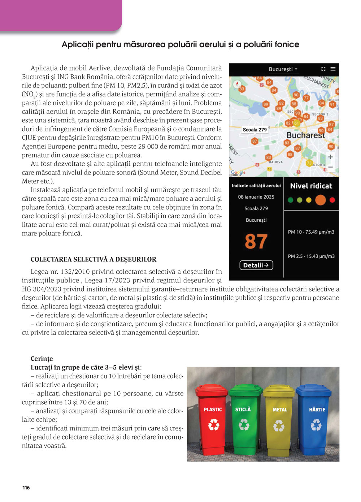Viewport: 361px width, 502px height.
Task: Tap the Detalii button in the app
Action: click(256, 265)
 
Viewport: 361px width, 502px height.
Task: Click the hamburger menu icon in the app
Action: click(333, 69)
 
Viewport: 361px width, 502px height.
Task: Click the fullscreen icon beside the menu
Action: click(323, 69)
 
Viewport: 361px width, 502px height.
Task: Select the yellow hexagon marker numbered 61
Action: click(297, 123)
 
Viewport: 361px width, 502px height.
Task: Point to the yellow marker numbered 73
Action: click(309, 163)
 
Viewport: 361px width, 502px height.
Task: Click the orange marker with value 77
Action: click(306, 98)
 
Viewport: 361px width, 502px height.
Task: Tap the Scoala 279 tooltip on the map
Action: click(255, 130)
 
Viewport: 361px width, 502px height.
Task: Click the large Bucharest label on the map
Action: click(305, 135)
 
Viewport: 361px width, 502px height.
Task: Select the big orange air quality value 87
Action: click(256, 241)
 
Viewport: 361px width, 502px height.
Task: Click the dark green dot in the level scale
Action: click(291, 200)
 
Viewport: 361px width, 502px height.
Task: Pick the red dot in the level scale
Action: click(332, 200)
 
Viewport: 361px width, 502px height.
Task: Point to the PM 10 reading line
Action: click(311, 232)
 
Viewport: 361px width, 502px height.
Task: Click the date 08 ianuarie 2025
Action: click(256, 197)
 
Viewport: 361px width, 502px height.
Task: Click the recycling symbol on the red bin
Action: click(214, 425)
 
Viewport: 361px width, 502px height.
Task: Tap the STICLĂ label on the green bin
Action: click(243, 409)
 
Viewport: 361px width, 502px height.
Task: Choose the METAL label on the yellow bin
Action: click(280, 410)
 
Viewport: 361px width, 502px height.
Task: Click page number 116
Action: click(26, 488)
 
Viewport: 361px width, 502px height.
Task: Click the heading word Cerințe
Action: click(42, 359)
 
